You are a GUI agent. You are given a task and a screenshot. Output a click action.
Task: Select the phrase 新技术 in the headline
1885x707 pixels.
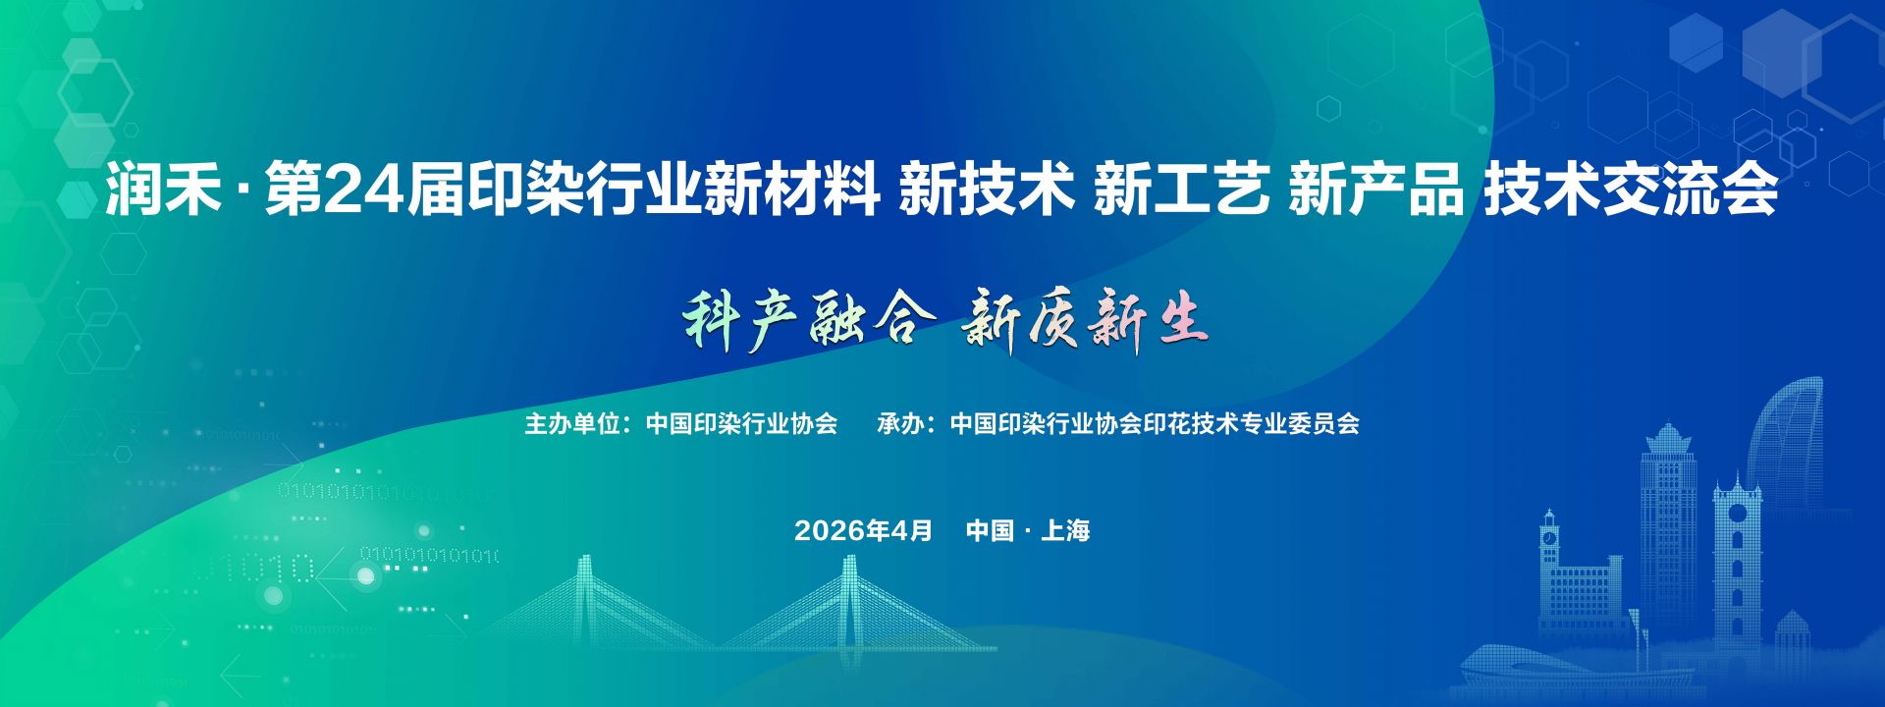(987, 189)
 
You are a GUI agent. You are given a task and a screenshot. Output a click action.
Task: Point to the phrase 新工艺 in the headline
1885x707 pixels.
(1181, 189)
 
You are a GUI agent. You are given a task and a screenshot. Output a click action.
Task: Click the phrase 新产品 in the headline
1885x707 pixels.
(1375, 189)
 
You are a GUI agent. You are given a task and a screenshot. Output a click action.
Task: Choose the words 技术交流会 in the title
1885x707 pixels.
(1631, 189)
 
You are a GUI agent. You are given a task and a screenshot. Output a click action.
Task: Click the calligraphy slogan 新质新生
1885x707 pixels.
(1085, 319)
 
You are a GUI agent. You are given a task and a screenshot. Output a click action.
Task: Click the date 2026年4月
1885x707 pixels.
(863, 530)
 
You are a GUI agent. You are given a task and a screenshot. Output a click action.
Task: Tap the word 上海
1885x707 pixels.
(1065, 530)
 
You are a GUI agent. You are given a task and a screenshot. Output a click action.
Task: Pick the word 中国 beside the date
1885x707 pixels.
(990, 530)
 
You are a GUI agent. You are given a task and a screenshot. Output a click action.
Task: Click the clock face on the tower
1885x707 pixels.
(1549, 538)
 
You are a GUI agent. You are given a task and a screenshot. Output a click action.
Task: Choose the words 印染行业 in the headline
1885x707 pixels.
(584, 189)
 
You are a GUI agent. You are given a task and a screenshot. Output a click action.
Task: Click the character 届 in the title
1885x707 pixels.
(435, 189)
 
